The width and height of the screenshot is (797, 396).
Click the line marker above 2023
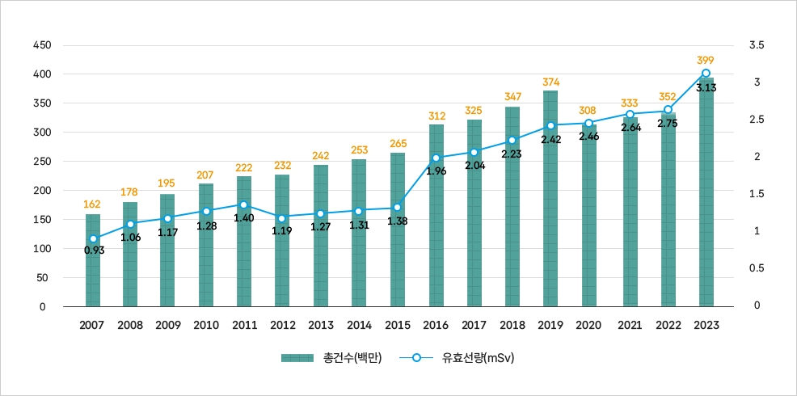(x=706, y=74)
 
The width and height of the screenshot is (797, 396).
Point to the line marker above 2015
(x=398, y=208)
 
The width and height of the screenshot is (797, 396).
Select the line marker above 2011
(x=244, y=205)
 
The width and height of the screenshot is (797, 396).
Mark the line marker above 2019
(x=550, y=126)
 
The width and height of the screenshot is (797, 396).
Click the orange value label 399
(x=706, y=60)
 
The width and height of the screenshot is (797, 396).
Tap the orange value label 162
(x=93, y=204)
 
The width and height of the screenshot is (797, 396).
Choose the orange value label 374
(x=551, y=82)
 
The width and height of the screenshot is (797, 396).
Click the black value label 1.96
(x=436, y=171)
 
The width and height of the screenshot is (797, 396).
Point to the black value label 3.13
(x=706, y=87)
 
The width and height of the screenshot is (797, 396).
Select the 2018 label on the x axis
(x=512, y=325)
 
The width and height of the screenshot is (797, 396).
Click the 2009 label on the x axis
(x=168, y=325)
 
